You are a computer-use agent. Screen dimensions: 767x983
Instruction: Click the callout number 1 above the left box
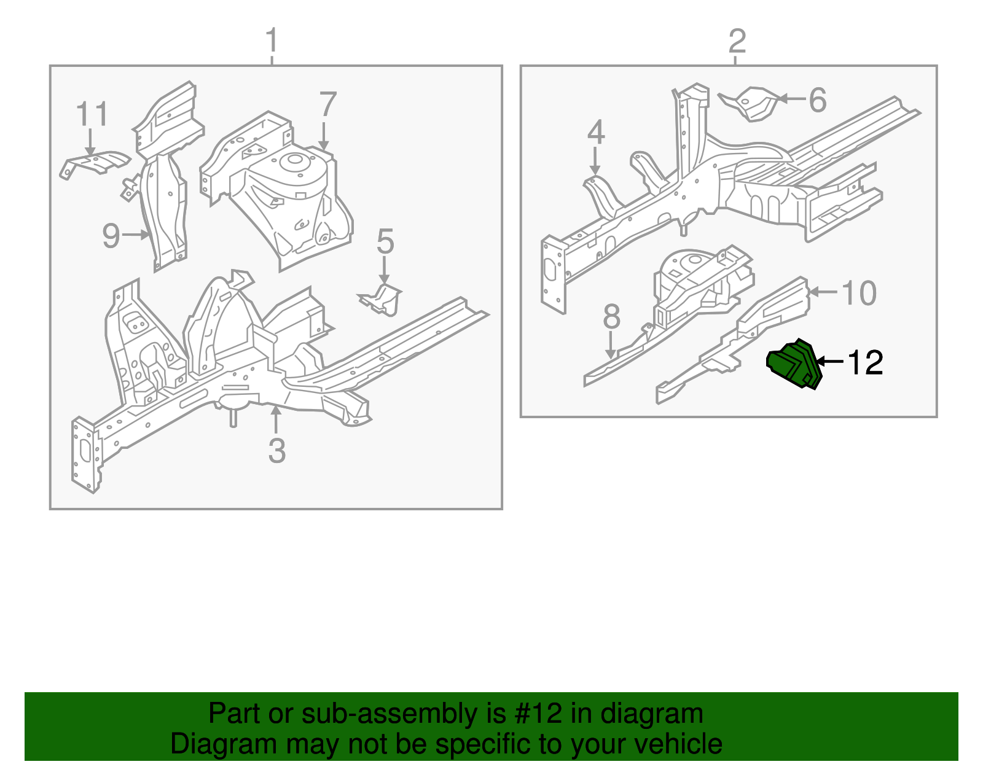coord(272,41)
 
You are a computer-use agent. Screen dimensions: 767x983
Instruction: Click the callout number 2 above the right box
coord(737,41)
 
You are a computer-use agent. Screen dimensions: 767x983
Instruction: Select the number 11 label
coord(92,114)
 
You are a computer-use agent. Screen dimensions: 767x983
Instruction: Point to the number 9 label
coord(111,235)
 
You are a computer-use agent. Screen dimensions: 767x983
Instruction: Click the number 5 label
coord(385,242)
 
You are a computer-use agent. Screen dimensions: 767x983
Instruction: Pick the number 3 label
coord(277,451)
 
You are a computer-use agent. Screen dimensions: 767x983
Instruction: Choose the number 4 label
coord(596,133)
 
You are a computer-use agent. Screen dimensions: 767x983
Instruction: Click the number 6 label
coord(817,100)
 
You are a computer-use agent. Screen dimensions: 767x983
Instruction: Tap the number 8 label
coord(611,317)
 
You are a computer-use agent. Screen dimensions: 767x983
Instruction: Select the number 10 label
coord(859,293)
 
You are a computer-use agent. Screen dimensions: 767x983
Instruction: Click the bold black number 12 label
coord(865,363)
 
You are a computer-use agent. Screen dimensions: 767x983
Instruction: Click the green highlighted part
coord(794,365)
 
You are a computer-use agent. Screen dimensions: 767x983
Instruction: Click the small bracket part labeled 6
coord(751,103)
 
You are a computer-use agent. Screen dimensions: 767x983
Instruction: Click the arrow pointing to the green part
coord(829,362)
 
